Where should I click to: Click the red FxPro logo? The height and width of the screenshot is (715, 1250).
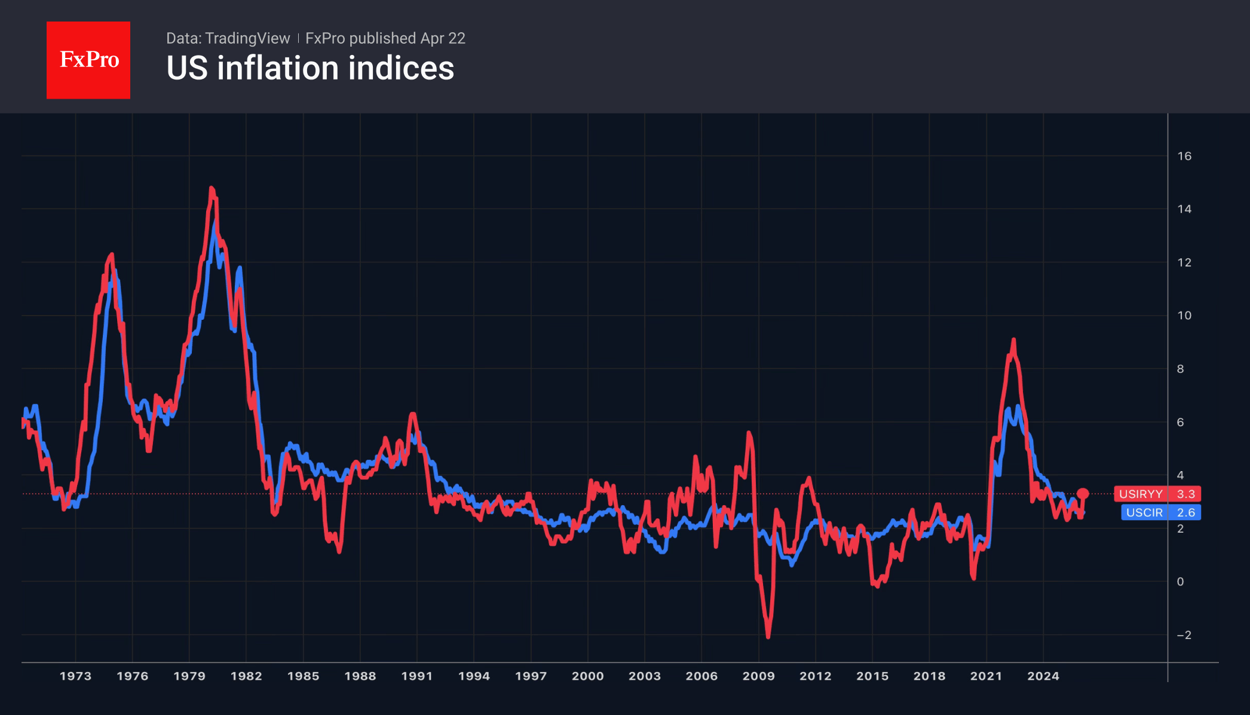pyautogui.click(x=88, y=60)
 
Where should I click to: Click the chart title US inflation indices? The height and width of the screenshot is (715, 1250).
pyautogui.click(x=310, y=68)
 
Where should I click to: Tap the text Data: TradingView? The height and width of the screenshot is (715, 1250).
pyautogui.click(x=228, y=38)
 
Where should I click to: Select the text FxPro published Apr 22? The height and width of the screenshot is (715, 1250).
pyautogui.click(x=385, y=38)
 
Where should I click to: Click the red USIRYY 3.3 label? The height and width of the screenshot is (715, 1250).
pyautogui.click(x=1157, y=494)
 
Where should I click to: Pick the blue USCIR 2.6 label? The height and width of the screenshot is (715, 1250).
pyautogui.click(x=1160, y=512)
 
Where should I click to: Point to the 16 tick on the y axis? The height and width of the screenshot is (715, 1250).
pyautogui.click(x=1184, y=156)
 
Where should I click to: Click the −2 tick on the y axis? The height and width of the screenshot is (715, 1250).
pyautogui.click(x=1183, y=635)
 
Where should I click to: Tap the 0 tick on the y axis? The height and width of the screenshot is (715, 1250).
pyautogui.click(x=1180, y=582)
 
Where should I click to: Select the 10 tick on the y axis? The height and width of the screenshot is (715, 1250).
pyautogui.click(x=1184, y=316)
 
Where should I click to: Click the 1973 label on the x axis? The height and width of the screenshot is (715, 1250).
pyautogui.click(x=75, y=676)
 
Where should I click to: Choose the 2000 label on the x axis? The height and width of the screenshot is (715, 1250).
pyautogui.click(x=587, y=676)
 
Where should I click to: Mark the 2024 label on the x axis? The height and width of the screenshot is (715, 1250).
pyautogui.click(x=1043, y=676)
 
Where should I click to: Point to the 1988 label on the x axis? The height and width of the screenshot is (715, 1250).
pyautogui.click(x=360, y=676)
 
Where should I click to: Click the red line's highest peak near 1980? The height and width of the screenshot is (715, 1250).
pyautogui.click(x=212, y=188)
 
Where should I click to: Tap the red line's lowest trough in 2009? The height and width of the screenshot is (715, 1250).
pyautogui.click(x=768, y=637)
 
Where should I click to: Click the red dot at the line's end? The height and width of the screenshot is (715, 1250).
pyautogui.click(x=1083, y=494)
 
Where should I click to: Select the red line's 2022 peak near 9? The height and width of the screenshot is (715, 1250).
pyautogui.click(x=1013, y=340)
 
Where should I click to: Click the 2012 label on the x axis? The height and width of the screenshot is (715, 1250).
pyautogui.click(x=815, y=676)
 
